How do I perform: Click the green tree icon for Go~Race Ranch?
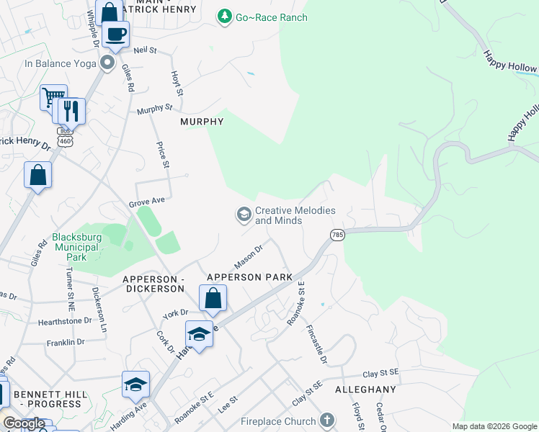click(226, 16)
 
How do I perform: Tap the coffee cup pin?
click(115, 33)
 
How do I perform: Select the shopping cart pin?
click(53, 97)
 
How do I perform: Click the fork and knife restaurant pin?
click(71, 110)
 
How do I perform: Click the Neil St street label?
click(145, 50)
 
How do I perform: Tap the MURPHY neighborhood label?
click(202, 122)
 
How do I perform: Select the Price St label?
click(163, 155)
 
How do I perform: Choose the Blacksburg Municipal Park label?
click(79, 247)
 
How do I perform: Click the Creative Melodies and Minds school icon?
click(244, 215)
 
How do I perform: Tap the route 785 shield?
click(337, 235)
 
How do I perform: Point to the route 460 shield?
click(66, 143)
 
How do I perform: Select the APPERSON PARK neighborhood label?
click(249, 277)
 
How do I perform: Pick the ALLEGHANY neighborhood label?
click(365, 390)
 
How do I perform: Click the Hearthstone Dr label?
click(66, 320)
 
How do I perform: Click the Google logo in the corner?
click(24, 423)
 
